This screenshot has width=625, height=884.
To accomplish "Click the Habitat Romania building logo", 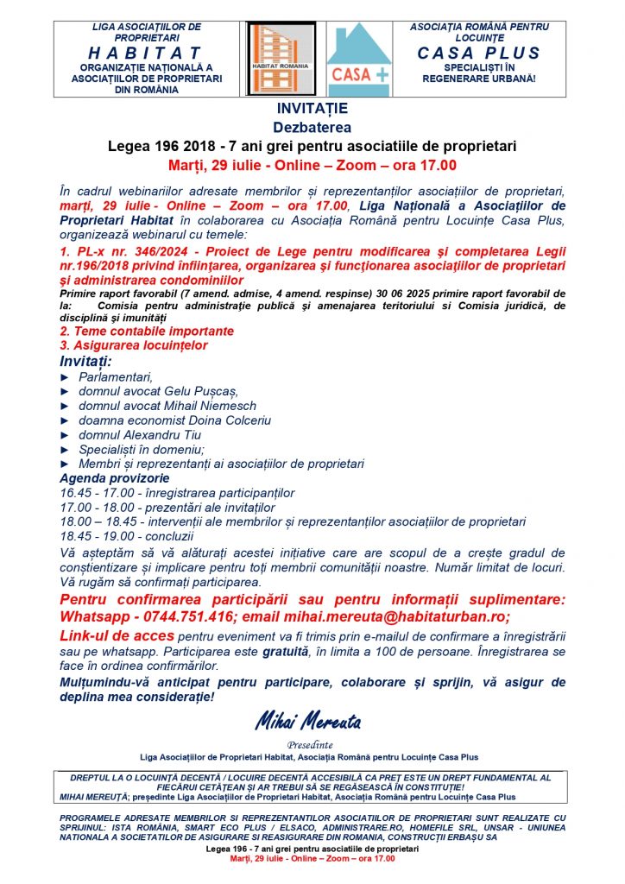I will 281,54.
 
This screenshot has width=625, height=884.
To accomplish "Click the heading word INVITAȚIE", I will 312,109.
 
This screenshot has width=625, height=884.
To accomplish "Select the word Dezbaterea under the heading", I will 312,127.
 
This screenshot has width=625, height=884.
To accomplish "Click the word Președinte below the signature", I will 312,744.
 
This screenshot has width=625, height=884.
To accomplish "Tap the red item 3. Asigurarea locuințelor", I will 134,345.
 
